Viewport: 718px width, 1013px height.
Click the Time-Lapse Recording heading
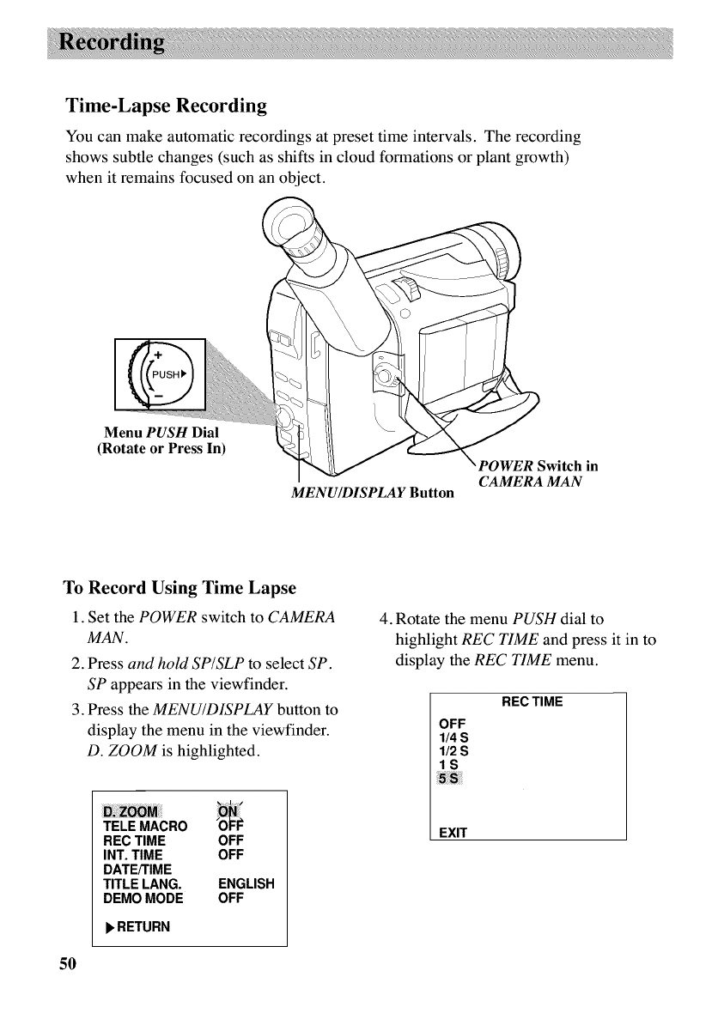click(x=166, y=106)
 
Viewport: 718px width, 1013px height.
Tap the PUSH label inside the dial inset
click(x=167, y=374)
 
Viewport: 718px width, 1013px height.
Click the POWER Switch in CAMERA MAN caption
click(x=536, y=473)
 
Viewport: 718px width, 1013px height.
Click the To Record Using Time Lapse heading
click(x=179, y=588)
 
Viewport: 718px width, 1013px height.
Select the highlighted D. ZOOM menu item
click(x=131, y=813)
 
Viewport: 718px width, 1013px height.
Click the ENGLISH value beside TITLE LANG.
click(x=246, y=884)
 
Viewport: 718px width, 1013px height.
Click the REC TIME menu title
click(x=532, y=701)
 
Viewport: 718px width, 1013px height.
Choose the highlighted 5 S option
click(x=449, y=779)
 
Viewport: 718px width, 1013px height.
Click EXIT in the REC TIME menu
click(x=452, y=833)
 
